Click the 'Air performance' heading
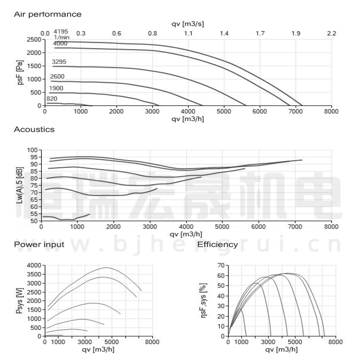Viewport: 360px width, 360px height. pyautogui.click(x=48, y=14)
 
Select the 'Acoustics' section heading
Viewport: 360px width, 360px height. pyautogui.click(x=34, y=130)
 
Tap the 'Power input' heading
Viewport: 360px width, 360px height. pyautogui.click(x=39, y=245)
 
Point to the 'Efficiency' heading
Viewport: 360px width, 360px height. pyautogui.click(x=218, y=245)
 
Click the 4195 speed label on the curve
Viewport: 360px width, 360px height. pyautogui.click(x=61, y=31)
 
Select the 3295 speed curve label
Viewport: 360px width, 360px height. pyautogui.click(x=59, y=62)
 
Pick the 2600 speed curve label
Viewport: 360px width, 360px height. pyautogui.click(x=57, y=77)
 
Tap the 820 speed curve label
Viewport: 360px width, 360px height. pyautogui.click(x=51, y=99)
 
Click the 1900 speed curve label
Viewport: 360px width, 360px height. pyautogui.click(x=56, y=88)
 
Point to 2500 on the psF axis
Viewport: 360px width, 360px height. pyautogui.click(x=34, y=40)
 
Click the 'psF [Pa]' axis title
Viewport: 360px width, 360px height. pyautogui.click(x=19, y=72)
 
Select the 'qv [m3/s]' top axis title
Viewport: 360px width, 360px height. pyautogui.click(x=188, y=23)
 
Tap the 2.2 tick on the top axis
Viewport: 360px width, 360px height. pyautogui.click(x=332, y=33)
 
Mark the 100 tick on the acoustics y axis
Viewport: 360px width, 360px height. pyautogui.click(x=33, y=150)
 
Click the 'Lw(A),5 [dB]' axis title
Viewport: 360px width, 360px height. pyautogui.click(x=19, y=185)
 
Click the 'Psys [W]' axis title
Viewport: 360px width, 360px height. pyautogui.click(x=19, y=301)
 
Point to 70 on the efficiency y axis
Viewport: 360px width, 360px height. pyautogui.click(x=220, y=265)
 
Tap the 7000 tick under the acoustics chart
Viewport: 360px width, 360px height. pyautogui.click(x=295, y=227)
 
